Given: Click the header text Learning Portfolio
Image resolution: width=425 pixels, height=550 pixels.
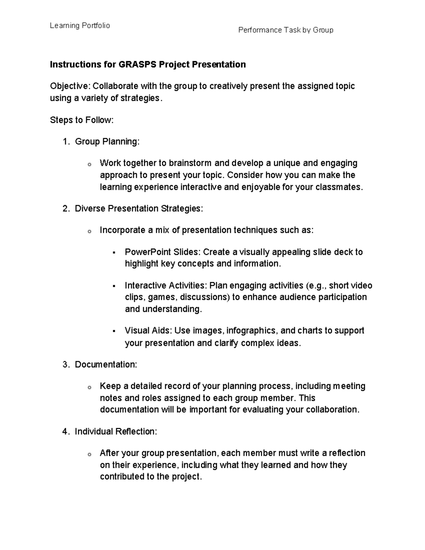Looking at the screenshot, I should pos(80,25).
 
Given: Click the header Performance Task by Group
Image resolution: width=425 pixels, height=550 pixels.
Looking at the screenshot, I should pos(285,30).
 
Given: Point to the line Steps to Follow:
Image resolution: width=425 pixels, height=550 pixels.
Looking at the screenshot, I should pos(82,120).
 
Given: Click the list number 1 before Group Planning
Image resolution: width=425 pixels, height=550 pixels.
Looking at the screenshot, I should pos(65,142).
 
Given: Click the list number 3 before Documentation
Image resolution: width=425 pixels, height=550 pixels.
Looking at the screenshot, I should pos(65,364).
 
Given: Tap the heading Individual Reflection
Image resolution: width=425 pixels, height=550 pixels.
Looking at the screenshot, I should pos(115,431).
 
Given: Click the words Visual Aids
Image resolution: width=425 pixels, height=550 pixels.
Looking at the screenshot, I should pos(148,330).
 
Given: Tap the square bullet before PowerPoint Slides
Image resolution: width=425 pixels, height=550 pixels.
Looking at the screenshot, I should pos(114,253).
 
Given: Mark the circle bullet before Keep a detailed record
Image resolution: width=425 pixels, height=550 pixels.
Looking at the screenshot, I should pos(89,387).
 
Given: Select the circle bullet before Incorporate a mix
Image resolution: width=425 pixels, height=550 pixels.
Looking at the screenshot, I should pos(89,231).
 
